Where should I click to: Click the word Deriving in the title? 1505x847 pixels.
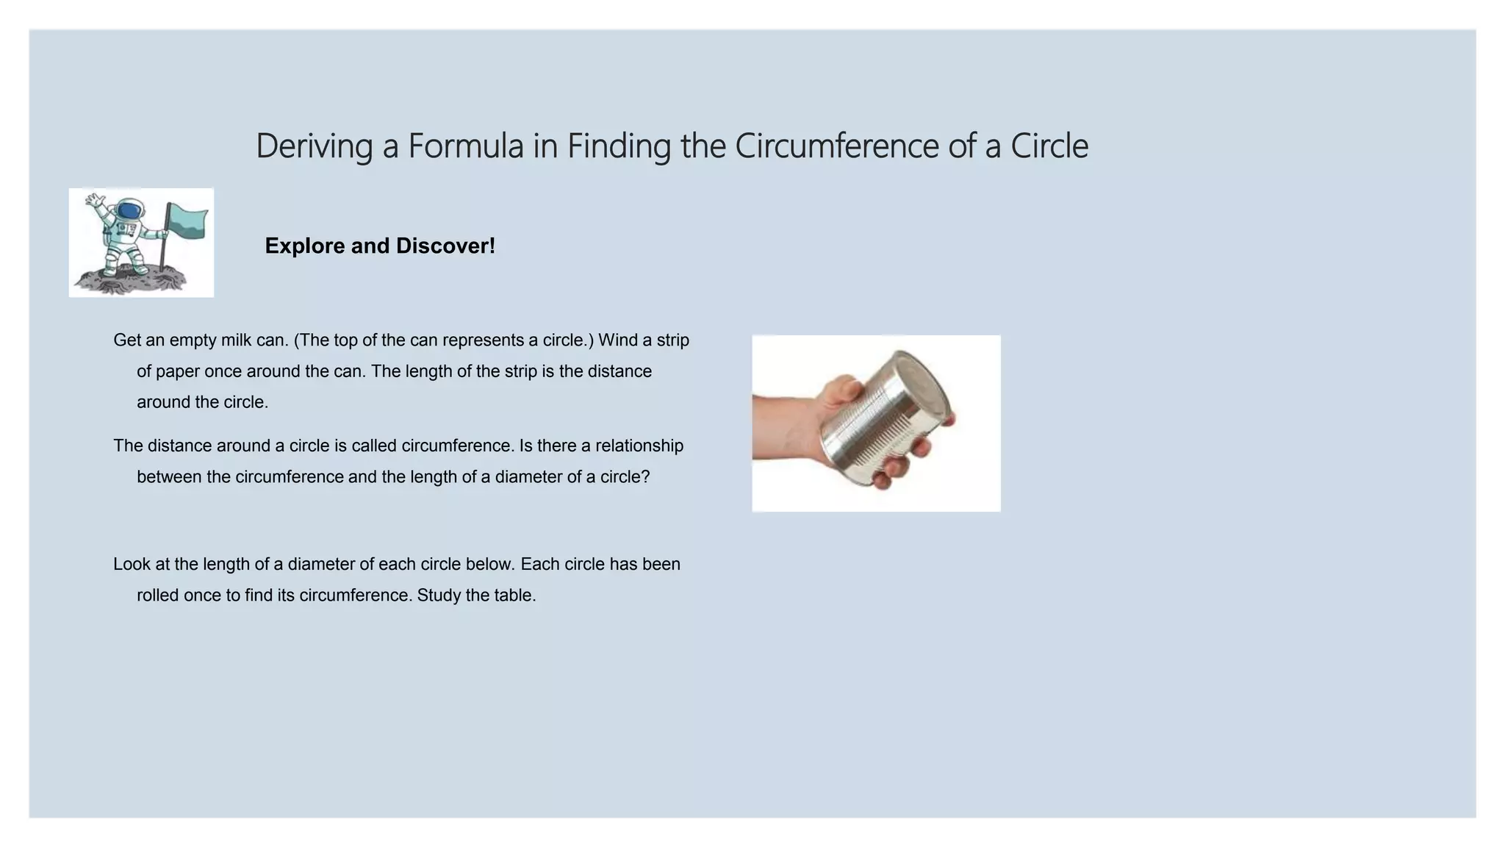tap(314, 146)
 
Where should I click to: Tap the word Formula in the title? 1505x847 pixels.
tap(465, 146)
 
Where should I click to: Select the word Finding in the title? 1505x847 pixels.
tap(619, 146)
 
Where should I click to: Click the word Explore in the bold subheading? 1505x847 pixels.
tap(305, 246)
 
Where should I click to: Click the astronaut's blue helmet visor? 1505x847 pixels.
tap(129, 212)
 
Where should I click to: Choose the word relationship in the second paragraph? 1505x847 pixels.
tap(639, 446)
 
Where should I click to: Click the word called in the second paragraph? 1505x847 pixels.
tap(374, 446)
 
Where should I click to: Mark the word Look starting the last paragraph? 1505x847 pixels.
tap(132, 564)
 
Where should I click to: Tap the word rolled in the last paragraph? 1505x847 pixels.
tap(158, 595)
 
